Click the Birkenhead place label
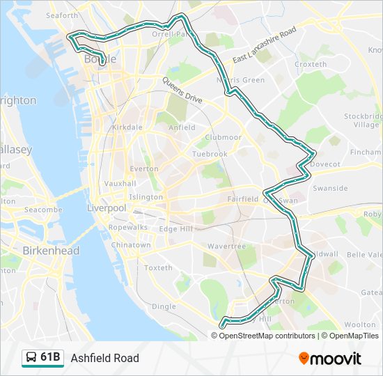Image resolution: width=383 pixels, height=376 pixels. click(51, 251)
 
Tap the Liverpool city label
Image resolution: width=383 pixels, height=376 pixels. click(107, 208)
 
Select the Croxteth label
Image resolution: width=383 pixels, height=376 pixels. click(311, 65)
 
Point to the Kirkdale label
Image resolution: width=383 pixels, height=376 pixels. click(127, 128)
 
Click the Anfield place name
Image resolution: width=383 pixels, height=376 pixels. click(182, 128)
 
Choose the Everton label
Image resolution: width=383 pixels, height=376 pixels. click(143, 169)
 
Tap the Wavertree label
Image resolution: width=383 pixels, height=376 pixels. click(226, 246)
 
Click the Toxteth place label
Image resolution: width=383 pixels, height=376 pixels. click(158, 268)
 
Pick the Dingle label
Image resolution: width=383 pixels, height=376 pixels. click(164, 306)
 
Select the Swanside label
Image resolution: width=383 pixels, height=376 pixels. click(330, 189)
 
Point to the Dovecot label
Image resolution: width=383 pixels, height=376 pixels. click(325, 164)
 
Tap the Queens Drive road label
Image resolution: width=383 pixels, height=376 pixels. click(182, 91)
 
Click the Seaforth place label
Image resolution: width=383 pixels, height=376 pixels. click(62, 15)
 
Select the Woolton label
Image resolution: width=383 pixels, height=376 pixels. click(360, 325)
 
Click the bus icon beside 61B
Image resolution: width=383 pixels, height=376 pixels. click(31, 358)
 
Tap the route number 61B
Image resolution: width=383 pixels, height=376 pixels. click(50, 358)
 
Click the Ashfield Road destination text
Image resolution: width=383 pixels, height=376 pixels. click(104, 359)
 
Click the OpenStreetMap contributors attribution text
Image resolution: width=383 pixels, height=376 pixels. click(267, 336)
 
